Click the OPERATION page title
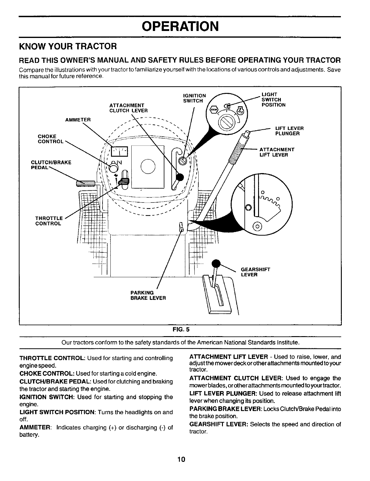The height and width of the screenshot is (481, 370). coord(180,26)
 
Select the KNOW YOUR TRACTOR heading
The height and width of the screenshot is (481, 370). coord(68,46)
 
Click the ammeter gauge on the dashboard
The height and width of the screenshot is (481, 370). coord(120,151)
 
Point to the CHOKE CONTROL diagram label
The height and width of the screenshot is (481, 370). coord(51,139)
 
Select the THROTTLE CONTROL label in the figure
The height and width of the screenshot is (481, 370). coord(49,221)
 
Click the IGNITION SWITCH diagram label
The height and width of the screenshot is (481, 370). coord(194,98)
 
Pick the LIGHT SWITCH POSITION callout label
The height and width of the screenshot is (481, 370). coord(273,100)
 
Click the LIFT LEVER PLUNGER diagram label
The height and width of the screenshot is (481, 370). coord(289,131)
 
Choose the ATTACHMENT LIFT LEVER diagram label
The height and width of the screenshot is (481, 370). coord(277,152)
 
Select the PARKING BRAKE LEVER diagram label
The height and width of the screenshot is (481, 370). coord(148,295)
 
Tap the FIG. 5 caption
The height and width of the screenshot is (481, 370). coord(181,329)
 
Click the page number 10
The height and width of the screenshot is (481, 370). coord(181,459)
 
